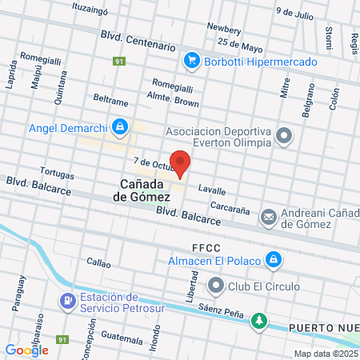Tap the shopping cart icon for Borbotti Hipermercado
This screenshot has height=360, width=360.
[x=191, y=60]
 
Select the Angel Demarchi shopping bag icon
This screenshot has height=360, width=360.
[x=119, y=126]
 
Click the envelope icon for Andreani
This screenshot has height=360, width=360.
[x=268, y=215]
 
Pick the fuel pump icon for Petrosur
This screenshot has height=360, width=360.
[x=66, y=302]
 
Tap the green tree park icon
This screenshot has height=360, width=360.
[x=258, y=322]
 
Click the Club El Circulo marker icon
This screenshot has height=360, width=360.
[x=214, y=286]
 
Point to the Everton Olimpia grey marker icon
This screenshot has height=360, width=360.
[x=284, y=136]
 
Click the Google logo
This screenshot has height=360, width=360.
[x=26, y=349]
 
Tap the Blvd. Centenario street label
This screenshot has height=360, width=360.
[x=138, y=41]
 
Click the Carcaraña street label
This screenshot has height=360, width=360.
[x=232, y=204]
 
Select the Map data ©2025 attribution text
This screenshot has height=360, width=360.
[x=325, y=353]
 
